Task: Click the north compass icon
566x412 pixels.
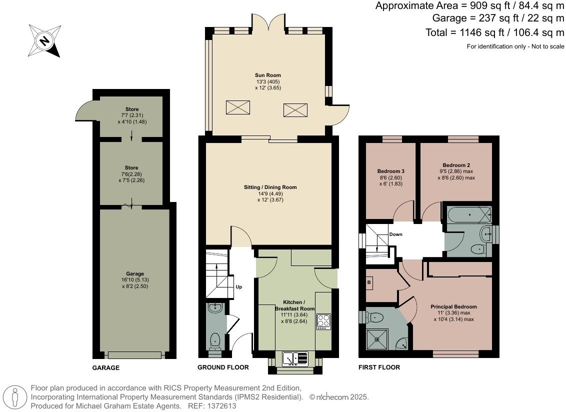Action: click(44, 40)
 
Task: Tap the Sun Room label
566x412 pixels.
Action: click(268, 75)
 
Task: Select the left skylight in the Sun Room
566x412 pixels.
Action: click(237, 107)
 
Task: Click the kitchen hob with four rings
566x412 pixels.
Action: click(323, 321)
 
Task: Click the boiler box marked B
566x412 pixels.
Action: click(369, 282)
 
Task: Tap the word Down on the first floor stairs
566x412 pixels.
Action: click(396, 234)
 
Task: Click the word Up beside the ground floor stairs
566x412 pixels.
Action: click(238, 287)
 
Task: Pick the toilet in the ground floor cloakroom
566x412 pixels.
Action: click(215, 340)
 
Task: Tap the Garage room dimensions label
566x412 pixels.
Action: click(135, 283)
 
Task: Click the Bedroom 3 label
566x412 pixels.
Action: click(390, 171)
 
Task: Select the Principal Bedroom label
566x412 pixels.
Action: click(453, 306)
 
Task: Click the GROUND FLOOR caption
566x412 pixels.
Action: click(223, 367)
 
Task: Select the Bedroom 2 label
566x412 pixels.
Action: click(456, 165)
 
